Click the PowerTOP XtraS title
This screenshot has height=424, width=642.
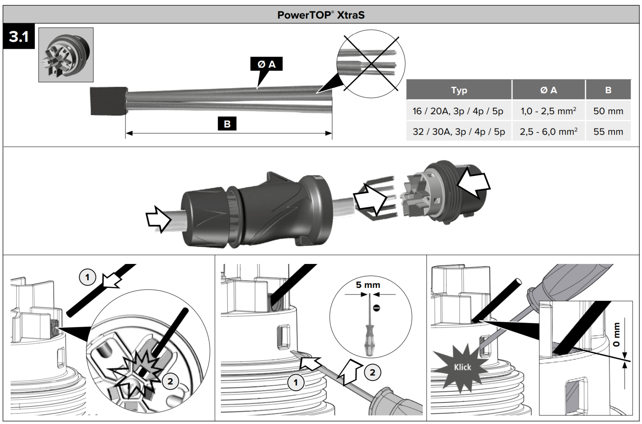point(320,15)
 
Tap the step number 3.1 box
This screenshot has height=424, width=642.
point(19,36)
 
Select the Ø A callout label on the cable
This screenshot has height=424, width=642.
point(266,64)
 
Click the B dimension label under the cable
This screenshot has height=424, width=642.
point(227,124)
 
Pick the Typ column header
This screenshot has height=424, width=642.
point(459,90)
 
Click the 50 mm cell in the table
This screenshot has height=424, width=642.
point(608,111)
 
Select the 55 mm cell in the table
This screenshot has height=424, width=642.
point(608,132)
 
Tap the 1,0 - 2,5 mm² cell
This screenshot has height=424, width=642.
point(548,111)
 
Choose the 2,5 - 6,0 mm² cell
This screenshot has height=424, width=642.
point(548,132)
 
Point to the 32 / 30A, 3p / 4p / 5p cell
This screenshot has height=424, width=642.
point(459,132)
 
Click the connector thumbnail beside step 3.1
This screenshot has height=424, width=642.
point(66,55)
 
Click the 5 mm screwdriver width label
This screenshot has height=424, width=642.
point(368,285)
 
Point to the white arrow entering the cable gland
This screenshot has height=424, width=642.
point(158,219)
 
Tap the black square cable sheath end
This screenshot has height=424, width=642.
point(108,101)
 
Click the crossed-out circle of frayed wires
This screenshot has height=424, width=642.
point(371,64)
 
